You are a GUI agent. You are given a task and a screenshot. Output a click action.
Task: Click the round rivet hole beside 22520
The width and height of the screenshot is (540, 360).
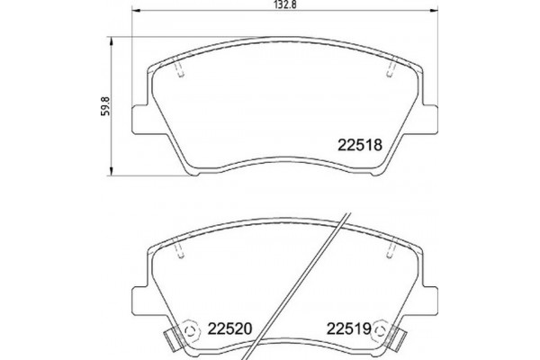pos(188,330)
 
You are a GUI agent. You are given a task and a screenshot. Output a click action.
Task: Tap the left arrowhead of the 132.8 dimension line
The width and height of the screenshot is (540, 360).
pos(138,17)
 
